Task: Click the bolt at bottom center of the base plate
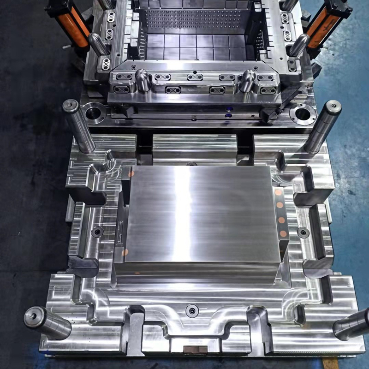tap(192, 310)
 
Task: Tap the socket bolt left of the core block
tap(97, 232)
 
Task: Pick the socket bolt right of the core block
tap(303, 232)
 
